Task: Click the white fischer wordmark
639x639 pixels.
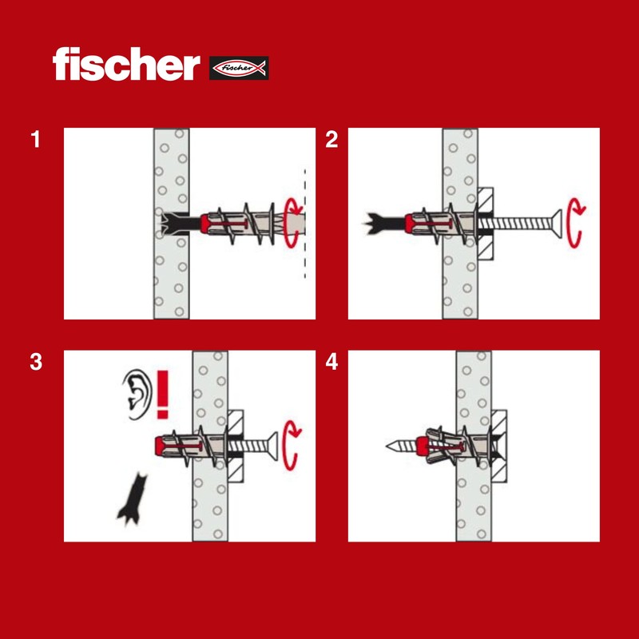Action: click(x=125, y=65)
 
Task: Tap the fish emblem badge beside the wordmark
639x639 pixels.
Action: click(x=239, y=68)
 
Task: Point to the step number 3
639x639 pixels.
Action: click(x=35, y=362)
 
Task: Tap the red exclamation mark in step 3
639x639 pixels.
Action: click(x=164, y=394)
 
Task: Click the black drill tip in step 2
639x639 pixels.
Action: click(x=380, y=221)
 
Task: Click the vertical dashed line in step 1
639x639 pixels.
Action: click(x=304, y=224)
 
